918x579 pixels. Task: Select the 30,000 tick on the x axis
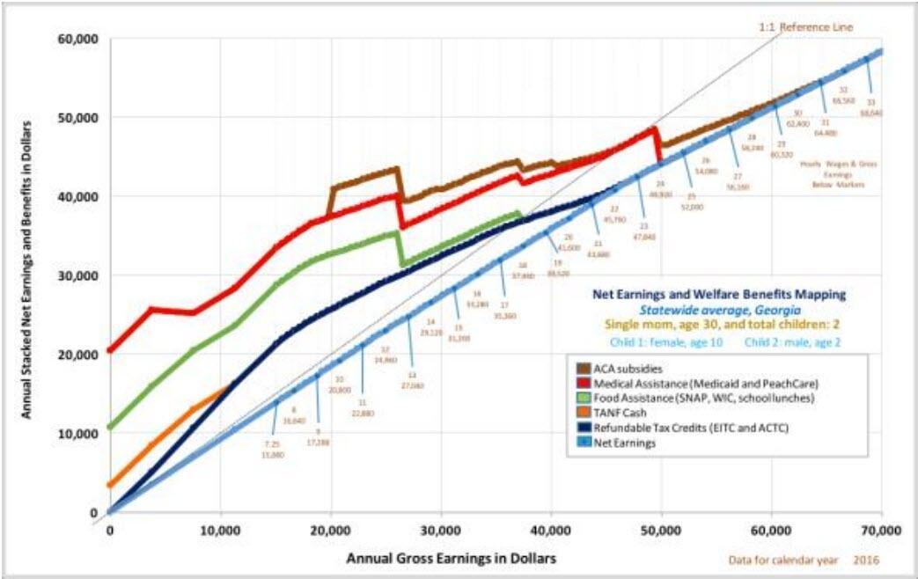click(441, 531)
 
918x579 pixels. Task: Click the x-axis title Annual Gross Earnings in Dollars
click(452, 558)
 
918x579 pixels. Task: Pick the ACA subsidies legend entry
click(626, 369)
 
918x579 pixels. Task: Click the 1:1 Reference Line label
click(804, 28)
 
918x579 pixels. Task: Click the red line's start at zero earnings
click(109, 350)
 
